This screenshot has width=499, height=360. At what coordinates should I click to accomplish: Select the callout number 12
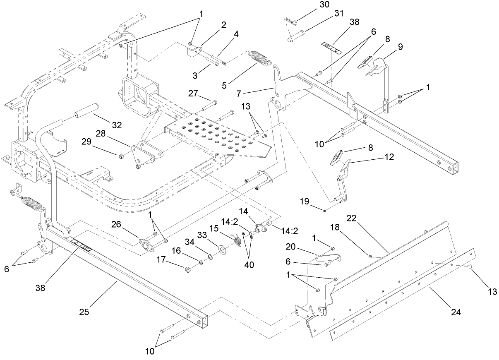coord(388,157)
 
